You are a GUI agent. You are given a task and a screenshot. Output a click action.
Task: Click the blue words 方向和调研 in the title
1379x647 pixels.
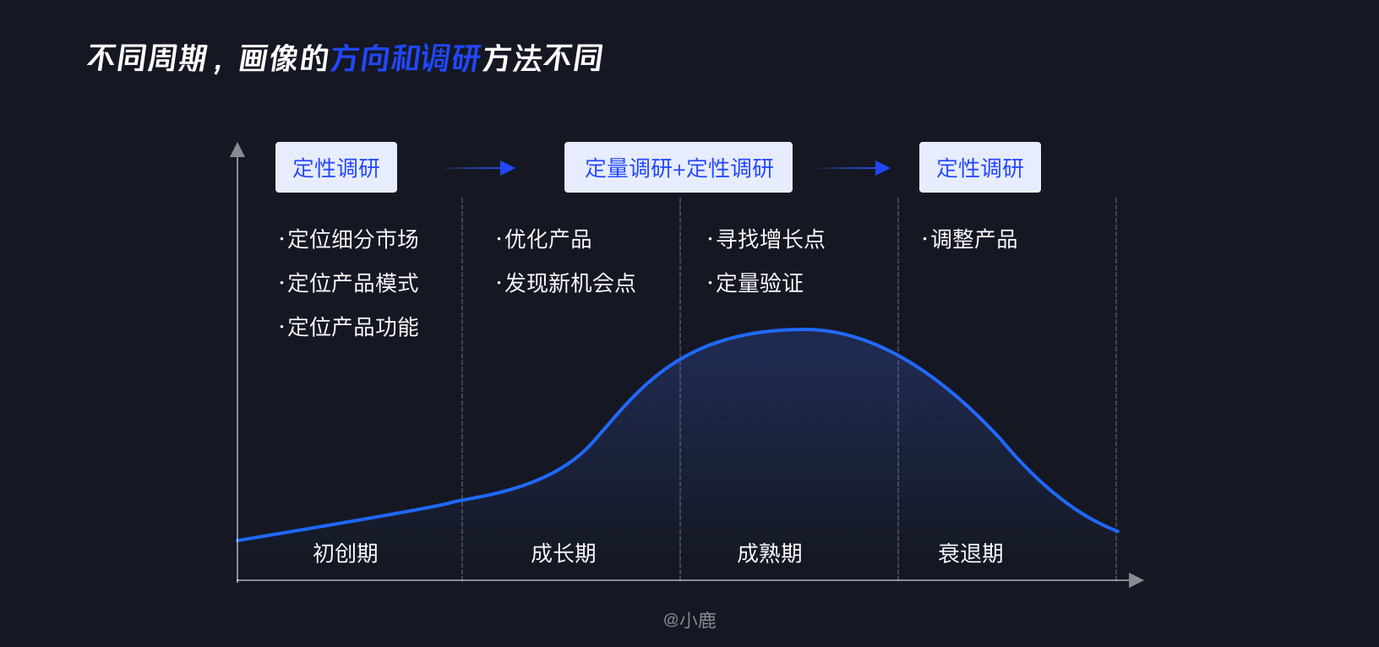[x=405, y=59]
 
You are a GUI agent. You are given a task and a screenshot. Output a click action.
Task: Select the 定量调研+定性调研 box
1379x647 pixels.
[x=679, y=167]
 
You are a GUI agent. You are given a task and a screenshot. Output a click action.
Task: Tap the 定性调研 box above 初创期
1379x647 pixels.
[x=336, y=167]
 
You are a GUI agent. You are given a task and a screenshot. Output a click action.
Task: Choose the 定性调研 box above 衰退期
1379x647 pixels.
[x=980, y=167]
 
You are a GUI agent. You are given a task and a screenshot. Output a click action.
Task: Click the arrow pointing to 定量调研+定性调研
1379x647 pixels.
[x=478, y=168]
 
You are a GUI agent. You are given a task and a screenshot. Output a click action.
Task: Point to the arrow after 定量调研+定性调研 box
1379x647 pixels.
[x=853, y=168]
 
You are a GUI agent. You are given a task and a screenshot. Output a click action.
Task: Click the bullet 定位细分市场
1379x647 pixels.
[x=349, y=239]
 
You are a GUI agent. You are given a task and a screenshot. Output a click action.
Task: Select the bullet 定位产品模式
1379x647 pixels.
[x=349, y=283]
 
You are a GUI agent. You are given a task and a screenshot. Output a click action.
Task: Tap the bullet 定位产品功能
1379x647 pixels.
[x=349, y=327]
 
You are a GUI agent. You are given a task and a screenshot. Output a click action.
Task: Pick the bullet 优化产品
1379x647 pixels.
[x=544, y=239]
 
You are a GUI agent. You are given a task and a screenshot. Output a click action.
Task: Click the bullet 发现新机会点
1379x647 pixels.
[x=566, y=283]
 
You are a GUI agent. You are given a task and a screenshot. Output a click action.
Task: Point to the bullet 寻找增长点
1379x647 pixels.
[x=766, y=239]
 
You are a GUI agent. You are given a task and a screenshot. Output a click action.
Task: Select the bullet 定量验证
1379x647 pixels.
[x=756, y=283]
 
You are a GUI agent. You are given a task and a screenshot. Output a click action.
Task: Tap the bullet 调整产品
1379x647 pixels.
[x=970, y=239]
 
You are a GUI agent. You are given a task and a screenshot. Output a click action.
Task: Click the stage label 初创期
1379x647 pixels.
[x=346, y=552]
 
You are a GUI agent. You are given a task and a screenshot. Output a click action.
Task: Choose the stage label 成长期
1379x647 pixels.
[x=564, y=552]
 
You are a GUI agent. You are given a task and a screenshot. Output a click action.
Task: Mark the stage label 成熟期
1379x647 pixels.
[x=770, y=552]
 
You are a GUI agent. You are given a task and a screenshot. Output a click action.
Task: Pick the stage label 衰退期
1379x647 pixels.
[x=971, y=552]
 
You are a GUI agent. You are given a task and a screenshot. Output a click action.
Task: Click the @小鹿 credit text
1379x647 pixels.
[x=689, y=620]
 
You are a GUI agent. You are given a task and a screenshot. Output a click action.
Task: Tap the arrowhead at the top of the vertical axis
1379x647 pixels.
[x=237, y=150]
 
